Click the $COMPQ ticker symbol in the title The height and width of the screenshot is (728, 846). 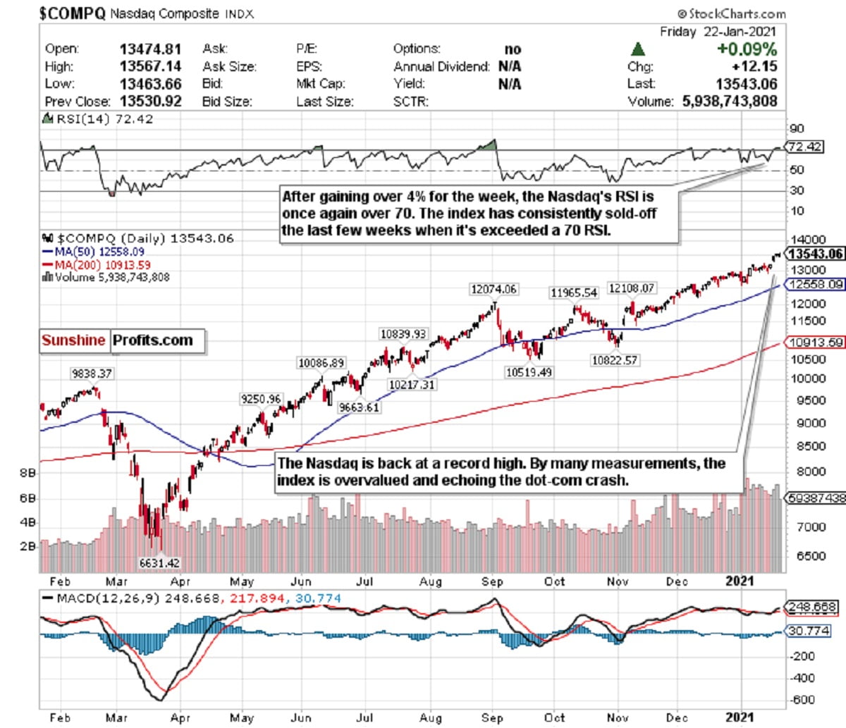tap(72, 13)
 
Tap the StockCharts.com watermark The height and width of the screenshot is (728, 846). tap(731, 13)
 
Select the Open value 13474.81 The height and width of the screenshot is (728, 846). tap(150, 49)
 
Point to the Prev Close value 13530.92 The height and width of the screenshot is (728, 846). tap(150, 101)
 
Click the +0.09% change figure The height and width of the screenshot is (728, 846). tap(747, 49)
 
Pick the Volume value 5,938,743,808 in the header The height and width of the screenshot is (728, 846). tap(730, 101)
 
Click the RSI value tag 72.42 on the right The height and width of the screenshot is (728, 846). tap(805, 147)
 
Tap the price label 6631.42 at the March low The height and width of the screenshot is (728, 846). tap(159, 563)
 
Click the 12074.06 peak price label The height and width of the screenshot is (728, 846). tap(493, 289)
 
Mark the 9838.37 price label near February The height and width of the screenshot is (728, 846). tap(91, 374)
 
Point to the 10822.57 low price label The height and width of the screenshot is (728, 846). tap(615, 360)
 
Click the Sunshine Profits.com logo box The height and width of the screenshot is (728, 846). tap(121, 341)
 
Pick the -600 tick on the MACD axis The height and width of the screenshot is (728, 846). tap(803, 700)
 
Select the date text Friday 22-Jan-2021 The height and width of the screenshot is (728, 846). tap(718, 32)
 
